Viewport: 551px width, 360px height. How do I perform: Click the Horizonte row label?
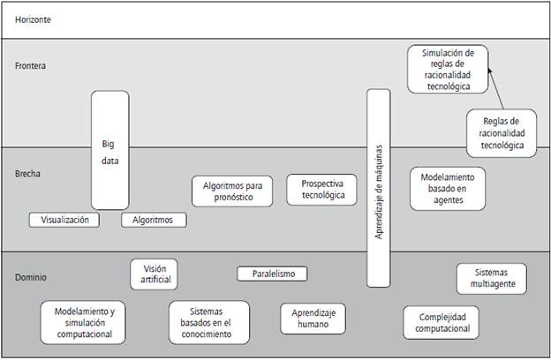[34, 19]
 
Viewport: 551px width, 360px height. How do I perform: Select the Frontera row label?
[31, 66]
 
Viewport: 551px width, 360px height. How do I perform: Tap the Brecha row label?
[29, 174]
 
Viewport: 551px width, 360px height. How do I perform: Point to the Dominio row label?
[32, 277]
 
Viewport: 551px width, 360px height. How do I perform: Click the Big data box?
[109, 150]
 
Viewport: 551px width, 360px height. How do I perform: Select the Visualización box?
[64, 220]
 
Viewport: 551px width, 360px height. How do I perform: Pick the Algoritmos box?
[154, 220]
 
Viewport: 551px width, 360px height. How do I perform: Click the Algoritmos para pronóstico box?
[228, 191]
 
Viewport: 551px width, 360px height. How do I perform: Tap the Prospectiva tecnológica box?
[321, 190]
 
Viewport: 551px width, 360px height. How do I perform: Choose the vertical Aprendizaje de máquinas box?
[378, 187]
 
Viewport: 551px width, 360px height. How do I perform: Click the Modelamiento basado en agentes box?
[449, 188]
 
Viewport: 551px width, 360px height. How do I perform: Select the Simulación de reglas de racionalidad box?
[446, 70]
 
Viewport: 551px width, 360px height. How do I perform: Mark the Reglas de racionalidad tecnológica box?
[502, 132]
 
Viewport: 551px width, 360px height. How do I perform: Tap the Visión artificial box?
[155, 274]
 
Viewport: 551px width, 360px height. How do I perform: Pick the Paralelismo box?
[272, 274]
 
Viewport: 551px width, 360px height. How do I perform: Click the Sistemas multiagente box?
[492, 279]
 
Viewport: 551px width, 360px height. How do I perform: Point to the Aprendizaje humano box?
[313, 319]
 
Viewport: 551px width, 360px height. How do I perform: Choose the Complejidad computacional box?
[442, 322]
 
